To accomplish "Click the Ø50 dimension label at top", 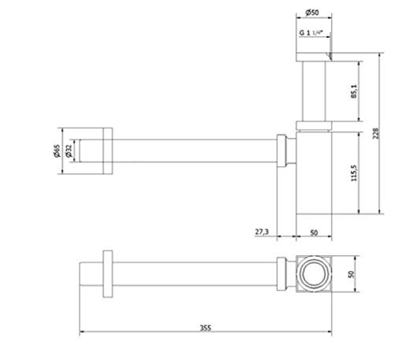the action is pos(312,13).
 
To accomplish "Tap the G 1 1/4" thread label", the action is pos(310,33).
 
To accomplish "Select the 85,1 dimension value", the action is pos(354,91).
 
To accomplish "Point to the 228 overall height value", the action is pos(376,133).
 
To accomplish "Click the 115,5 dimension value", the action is pos(354,173).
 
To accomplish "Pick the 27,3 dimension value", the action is pos(262,232).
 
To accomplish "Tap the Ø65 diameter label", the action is pos(57,151).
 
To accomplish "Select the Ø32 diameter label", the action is pos(69,151).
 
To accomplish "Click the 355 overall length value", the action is pos(206,328).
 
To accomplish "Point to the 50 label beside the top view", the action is pos(351,274).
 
